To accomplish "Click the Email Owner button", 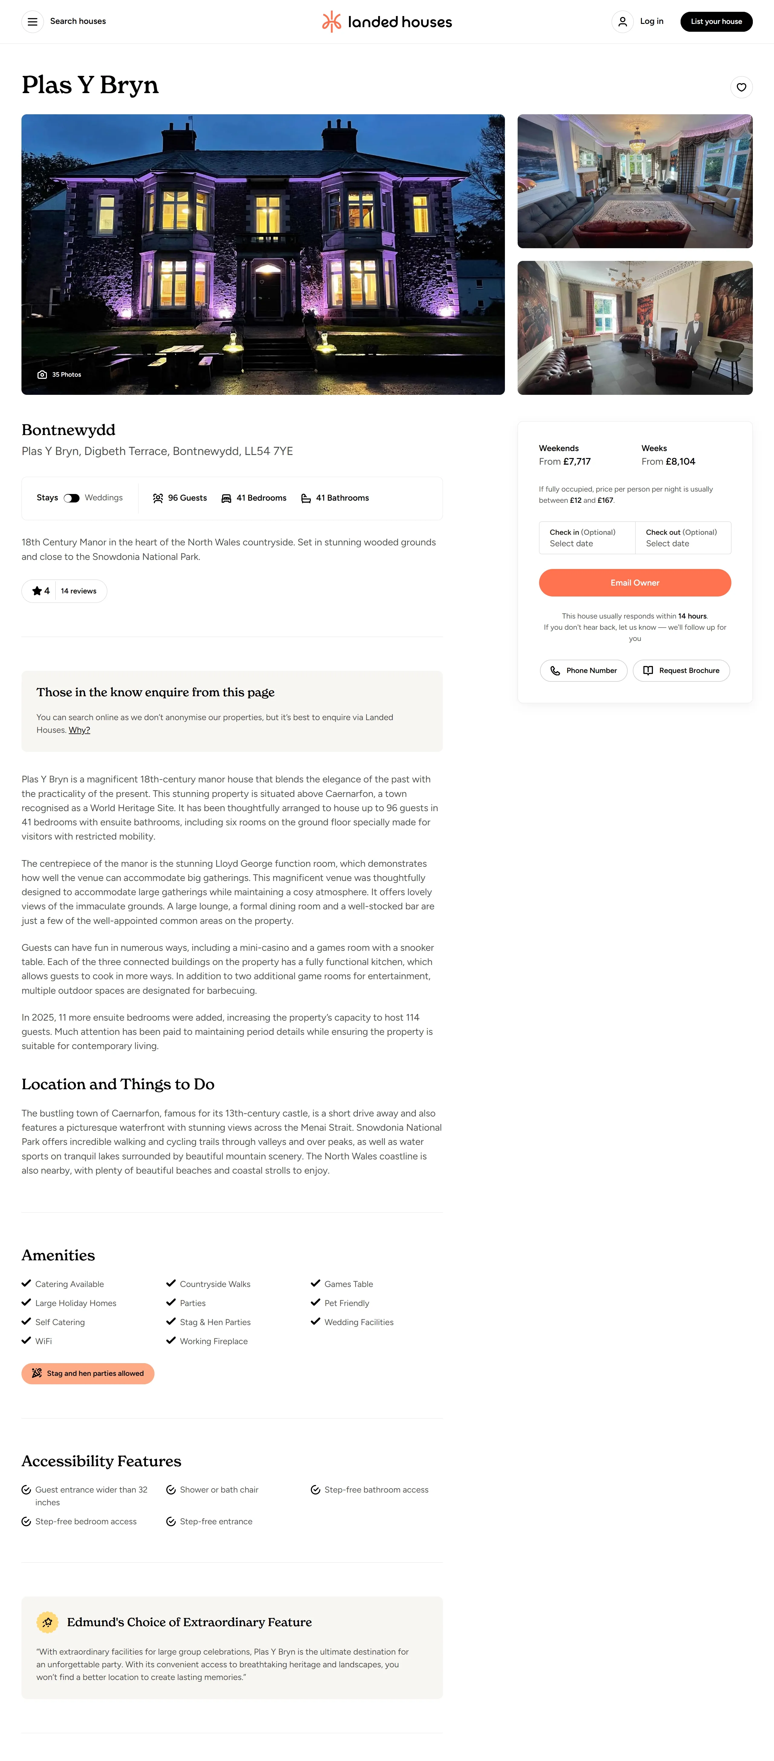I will [635, 583].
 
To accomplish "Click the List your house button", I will [716, 21].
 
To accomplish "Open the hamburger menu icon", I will [32, 22].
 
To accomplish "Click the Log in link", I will [651, 21].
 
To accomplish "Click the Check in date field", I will [587, 537].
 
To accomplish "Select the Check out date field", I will [682, 537].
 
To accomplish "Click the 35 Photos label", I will [60, 375].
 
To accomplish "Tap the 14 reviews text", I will [79, 591].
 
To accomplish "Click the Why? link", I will [79, 730].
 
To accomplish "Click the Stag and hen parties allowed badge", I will [87, 1373].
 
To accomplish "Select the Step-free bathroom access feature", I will [376, 1490].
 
